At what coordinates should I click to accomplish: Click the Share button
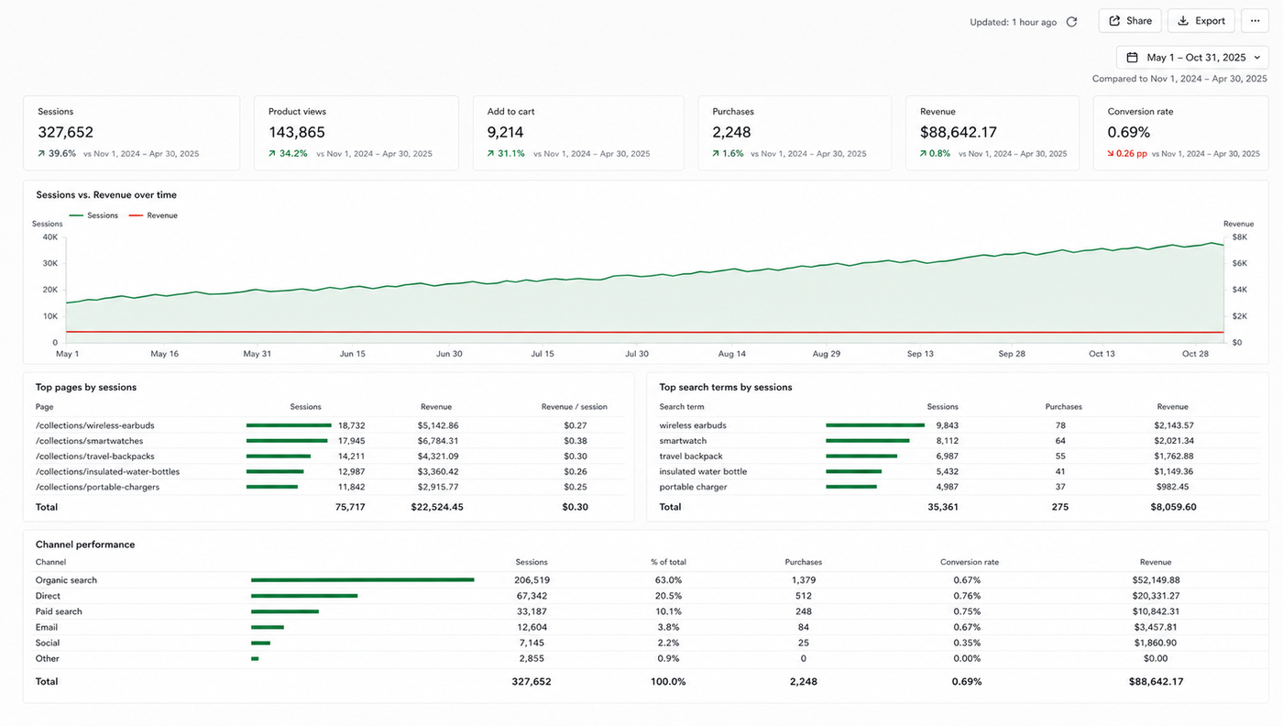(x=1129, y=21)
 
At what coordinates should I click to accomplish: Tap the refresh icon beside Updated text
(x=1071, y=22)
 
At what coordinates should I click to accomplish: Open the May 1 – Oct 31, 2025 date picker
(x=1192, y=58)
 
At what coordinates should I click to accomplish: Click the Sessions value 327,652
(x=65, y=132)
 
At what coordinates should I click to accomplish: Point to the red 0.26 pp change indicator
(x=1127, y=154)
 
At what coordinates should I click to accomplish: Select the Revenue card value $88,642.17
(x=959, y=132)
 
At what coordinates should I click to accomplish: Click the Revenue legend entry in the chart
(x=154, y=215)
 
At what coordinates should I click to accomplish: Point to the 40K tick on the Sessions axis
(x=50, y=237)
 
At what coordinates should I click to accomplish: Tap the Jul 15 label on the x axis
(x=543, y=354)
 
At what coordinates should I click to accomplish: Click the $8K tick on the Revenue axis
(x=1239, y=237)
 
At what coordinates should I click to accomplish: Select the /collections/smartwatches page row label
(x=90, y=441)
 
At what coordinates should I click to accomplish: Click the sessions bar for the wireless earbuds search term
(x=875, y=425)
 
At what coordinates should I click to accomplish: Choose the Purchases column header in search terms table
(x=1064, y=407)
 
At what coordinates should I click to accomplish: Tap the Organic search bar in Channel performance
(x=363, y=580)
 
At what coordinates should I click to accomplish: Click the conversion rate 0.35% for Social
(x=967, y=643)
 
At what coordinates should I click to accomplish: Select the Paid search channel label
(x=59, y=611)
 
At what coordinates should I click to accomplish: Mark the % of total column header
(x=668, y=562)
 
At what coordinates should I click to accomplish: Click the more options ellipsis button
(x=1255, y=21)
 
